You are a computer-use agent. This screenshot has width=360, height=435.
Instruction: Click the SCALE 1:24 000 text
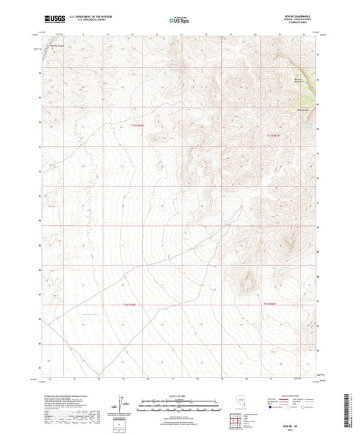point(180,396)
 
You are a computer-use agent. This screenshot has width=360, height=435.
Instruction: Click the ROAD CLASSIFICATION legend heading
point(294,395)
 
